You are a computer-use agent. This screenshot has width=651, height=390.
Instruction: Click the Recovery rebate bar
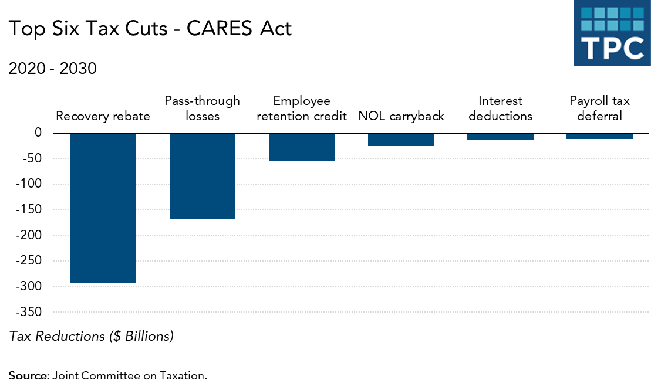click(x=103, y=208)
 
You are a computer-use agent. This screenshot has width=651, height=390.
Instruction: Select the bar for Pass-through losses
click(x=203, y=176)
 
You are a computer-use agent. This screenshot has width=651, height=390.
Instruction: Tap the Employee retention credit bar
click(x=302, y=147)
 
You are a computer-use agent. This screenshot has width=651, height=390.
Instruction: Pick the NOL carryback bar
click(x=401, y=140)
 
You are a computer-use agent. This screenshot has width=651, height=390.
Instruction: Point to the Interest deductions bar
click(x=500, y=136)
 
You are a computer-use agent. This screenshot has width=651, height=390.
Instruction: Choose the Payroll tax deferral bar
click(x=599, y=136)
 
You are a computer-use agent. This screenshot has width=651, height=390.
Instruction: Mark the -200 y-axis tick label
click(x=31, y=235)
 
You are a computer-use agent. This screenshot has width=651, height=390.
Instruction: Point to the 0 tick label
click(x=38, y=133)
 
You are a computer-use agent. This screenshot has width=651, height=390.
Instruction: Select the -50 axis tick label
click(x=33, y=158)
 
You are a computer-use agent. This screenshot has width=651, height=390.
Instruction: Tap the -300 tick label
click(x=31, y=286)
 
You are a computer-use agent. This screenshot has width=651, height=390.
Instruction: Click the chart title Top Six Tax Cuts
click(x=150, y=29)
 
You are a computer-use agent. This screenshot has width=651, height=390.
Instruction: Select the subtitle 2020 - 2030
click(x=52, y=69)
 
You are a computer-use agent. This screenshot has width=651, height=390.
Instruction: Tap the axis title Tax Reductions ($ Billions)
click(x=91, y=336)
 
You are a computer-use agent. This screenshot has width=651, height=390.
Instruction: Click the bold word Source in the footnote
click(x=27, y=375)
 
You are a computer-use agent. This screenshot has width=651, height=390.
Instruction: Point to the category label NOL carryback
click(x=401, y=116)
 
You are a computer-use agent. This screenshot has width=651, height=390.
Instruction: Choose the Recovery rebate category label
click(x=103, y=116)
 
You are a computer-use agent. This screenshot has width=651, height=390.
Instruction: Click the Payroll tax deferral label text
click(x=599, y=108)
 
